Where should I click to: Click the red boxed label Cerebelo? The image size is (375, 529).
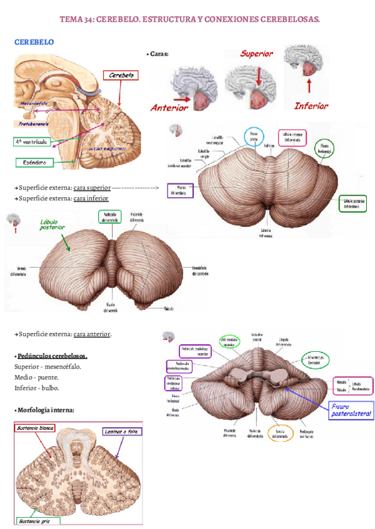[121, 75]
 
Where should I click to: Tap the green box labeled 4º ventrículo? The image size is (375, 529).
[32, 142]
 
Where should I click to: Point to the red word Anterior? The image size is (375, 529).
[169, 107]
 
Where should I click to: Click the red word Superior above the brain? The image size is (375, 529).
[257, 54]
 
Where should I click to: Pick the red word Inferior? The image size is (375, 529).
[311, 105]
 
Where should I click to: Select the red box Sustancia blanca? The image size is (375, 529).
[36, 429]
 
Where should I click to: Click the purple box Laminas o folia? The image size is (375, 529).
[122, 431]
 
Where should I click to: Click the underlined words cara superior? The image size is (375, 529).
[92, 187]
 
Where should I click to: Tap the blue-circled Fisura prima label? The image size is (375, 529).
[254, 136]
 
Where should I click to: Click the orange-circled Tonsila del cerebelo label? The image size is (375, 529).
[281, 432]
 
